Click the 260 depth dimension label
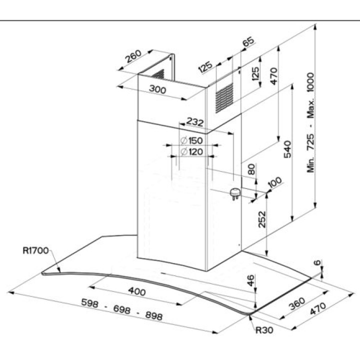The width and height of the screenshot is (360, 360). [133, 59]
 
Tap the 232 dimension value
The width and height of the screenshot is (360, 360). [195, 121]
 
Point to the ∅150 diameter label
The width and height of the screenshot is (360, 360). [192, 140]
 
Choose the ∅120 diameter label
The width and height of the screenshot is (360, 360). [192, 151]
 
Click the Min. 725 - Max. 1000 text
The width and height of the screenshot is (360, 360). [311, 122]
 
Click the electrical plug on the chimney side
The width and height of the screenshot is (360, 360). [234, 193]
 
